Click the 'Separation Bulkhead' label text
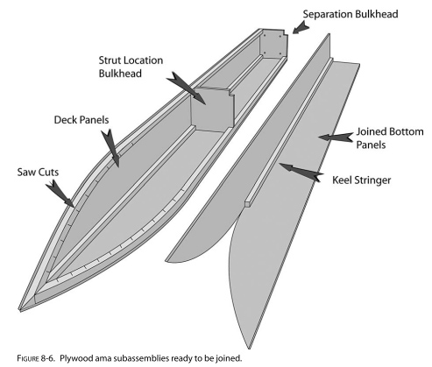point(351,14)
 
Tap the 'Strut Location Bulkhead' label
point(131,67)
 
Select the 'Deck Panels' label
point(81,120)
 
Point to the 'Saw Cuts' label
point(38,172)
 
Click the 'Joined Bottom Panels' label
point(390,138)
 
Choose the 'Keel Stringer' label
point(361,180)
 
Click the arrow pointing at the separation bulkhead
point(301,29)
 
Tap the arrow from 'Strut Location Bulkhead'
point(187,88)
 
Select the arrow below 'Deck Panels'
point(111,148)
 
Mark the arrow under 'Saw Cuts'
point(60,194)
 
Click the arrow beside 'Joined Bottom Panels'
point(336,137)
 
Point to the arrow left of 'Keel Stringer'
point(301,173)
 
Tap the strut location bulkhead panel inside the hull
point(212,109)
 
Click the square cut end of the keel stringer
point(248,204)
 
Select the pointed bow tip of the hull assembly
point(20,310)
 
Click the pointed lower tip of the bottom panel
point(249,348)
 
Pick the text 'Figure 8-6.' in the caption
point(36,358)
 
